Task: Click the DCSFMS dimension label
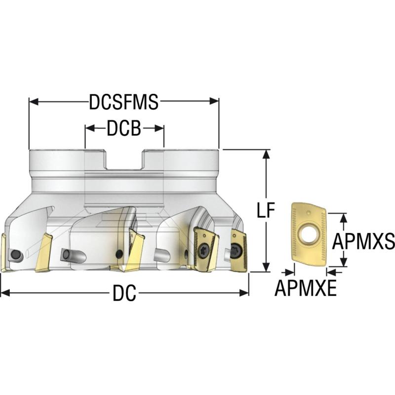pyautogui.click(x=124, y=102)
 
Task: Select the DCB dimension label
pyautogui.click(x=124, y=128)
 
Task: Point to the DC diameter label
pyautogui.click(x=124, y=293)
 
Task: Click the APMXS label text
pyautogui.click(x=363, y=241)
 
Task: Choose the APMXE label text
pyautogui.click(x=306, y=288)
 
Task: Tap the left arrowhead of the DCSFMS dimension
pyautogui.click(x=34, y=102)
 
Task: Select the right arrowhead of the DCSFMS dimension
pyautogui.click(x=214, y=102)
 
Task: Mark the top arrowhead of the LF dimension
pyautogui.click(x=266, y=154)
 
